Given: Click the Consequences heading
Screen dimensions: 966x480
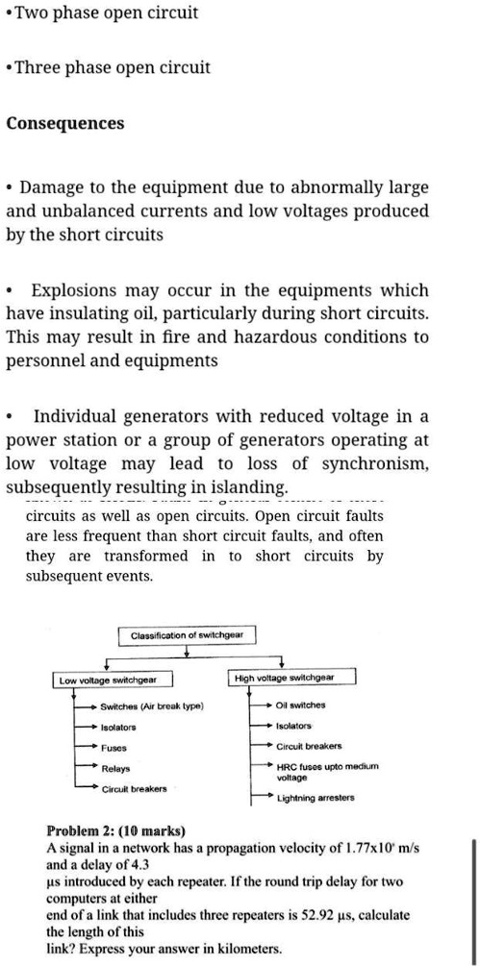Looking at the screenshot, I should (65, 124).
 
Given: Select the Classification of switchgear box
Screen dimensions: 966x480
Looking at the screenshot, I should (187, 635).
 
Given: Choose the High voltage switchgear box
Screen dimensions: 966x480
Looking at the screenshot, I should (284, 678).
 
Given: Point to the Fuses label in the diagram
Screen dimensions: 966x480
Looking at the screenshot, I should (115, 747).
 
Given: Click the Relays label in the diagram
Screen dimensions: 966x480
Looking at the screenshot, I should (116, 768).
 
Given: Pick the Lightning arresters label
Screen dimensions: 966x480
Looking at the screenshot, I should (316, 798).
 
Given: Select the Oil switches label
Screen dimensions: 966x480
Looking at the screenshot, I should (302, 706).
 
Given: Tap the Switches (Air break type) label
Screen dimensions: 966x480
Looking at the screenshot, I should (152, 706).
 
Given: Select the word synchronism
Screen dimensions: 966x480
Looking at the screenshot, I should (379, 463).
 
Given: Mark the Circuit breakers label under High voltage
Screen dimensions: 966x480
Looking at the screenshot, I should (309, 746).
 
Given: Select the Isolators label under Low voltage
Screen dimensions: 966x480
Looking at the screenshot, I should (119, 727).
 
